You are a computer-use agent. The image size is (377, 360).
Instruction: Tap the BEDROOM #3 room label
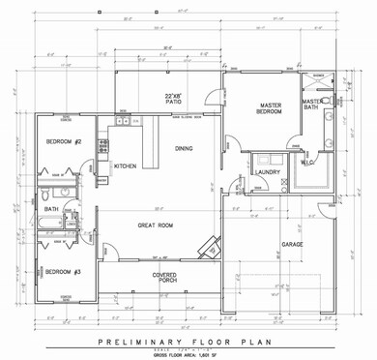[62, 272]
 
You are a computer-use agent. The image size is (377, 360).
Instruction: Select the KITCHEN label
[126, 166]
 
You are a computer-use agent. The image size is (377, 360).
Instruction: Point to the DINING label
[184, 148]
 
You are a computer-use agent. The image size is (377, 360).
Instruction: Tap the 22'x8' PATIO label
[174, 99]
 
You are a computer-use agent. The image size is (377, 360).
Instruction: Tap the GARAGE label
[292, 244]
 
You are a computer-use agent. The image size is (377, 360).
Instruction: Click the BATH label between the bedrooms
[50, 209]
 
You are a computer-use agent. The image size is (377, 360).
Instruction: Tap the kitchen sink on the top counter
[124, 121]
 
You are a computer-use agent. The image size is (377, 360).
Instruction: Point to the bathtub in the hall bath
[43, 228]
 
